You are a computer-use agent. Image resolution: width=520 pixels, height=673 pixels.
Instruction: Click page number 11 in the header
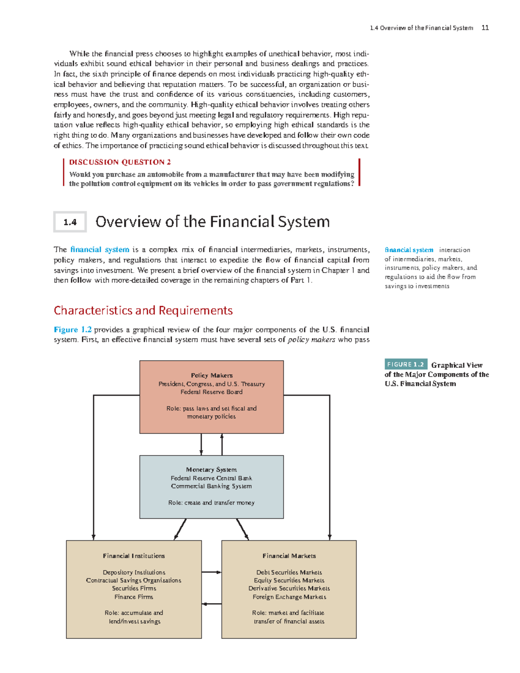click(485, 28)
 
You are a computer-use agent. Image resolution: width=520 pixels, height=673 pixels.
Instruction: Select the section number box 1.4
click(70, 222)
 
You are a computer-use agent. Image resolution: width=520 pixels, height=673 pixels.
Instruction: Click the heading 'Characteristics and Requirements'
click(143, 310)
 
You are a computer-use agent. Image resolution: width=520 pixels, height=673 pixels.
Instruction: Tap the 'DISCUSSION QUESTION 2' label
click(120, 162)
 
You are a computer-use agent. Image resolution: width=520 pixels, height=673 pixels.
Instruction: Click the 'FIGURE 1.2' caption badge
click(406, 364)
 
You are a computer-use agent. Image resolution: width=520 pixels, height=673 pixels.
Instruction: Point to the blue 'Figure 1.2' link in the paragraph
click(72, 330)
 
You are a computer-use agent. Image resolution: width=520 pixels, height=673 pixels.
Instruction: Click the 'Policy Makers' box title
click(211, 375)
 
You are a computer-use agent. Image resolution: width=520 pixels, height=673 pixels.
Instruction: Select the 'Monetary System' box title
click(211, 470)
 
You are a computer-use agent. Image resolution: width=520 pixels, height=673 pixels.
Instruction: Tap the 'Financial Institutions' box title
click(134, 556)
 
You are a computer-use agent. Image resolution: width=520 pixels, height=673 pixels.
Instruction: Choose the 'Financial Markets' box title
click(289, 556)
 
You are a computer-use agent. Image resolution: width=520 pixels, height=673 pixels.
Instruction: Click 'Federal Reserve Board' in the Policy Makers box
click(211, 392)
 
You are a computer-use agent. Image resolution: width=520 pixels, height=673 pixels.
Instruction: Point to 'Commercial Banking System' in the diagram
click(211, 486)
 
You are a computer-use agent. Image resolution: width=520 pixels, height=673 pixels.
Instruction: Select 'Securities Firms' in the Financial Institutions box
click(134, 588)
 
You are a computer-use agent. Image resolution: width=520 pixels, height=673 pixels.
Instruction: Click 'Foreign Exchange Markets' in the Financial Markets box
click(289, 597)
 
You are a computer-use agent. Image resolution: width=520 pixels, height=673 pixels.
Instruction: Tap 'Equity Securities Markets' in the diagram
click(289, 581)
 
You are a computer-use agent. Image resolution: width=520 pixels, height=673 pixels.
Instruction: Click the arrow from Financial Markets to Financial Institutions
click(211, 604)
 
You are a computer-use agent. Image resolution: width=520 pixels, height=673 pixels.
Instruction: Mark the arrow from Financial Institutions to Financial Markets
click(211, 572)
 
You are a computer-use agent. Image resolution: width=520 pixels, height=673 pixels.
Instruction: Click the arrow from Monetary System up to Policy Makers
click(222, 444)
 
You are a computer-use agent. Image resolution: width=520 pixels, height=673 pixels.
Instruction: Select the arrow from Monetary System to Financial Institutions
click(180, 529)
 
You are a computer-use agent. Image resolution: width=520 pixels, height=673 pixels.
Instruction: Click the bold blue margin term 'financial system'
click(409, 250)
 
